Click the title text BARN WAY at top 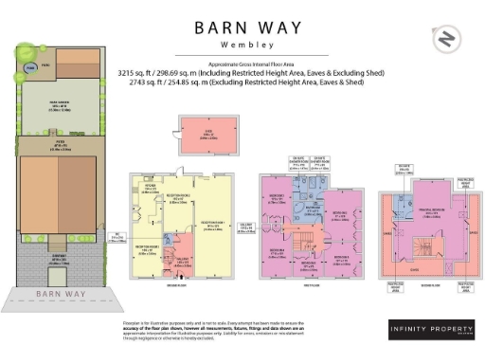click(x=242, y=27)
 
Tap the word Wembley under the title click(x=242, y=44)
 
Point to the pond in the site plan click(x=30, y=67)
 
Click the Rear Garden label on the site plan click(x=58, y=107)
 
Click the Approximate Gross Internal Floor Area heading click(x=242, y=61)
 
